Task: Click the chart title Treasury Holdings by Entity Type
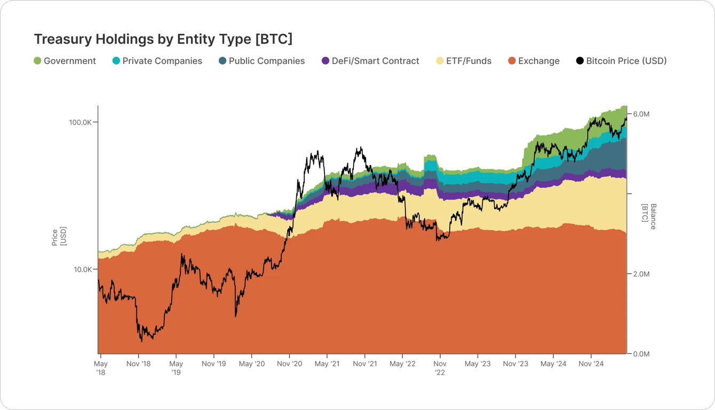163,39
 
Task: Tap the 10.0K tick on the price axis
82,270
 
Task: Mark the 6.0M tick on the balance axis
640,114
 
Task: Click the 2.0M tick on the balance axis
640,274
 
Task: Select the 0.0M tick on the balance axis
640,354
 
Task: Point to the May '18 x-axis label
101,368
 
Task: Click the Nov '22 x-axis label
440,368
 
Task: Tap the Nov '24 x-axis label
591,364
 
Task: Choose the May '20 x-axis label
251,364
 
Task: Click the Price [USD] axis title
59,237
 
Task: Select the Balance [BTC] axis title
649,216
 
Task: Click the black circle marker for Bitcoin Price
579,61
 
